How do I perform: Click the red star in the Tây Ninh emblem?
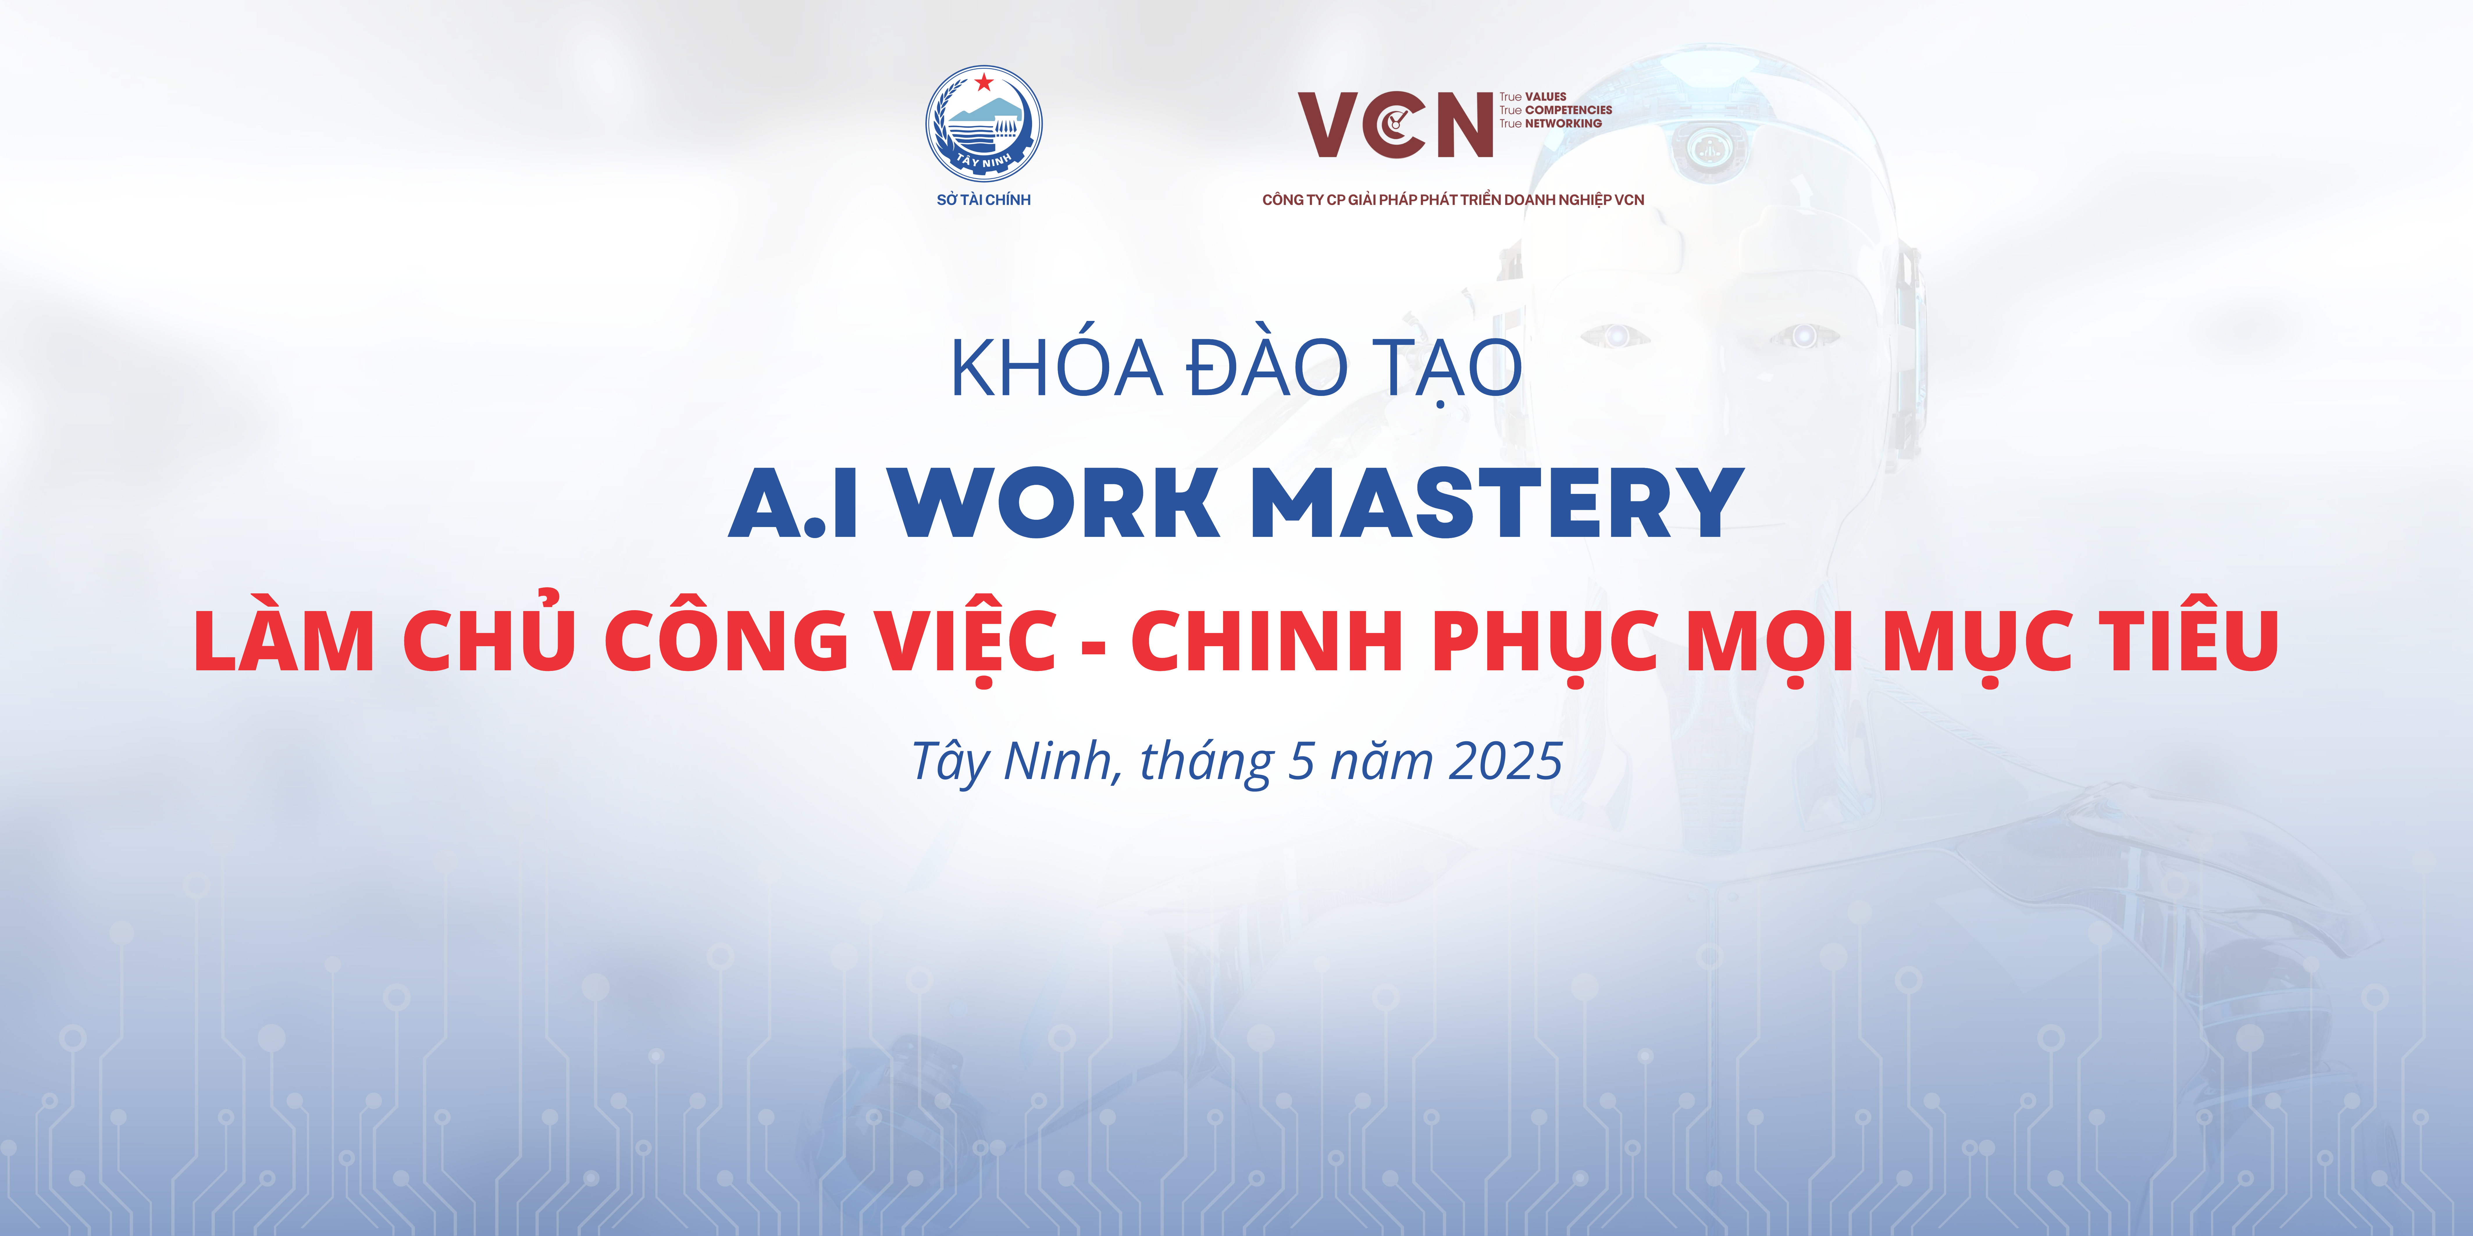[x=983, y=82]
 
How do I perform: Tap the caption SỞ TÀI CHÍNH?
[x=983, y=200]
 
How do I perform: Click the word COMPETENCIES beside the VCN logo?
[x=1569, y=110]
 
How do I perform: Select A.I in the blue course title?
[x=793, y=503]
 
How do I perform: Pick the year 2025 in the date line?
[x=1504, y=761]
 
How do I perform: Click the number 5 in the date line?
[x=1301, y=761]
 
